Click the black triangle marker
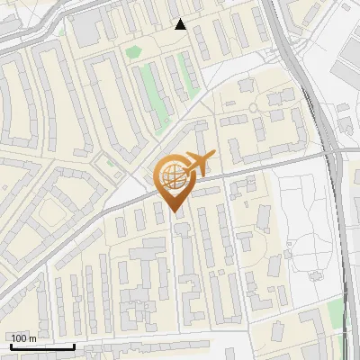click(x=181, y=24)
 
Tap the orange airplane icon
click(x=200, y=163)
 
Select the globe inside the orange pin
click(x=174, y=176)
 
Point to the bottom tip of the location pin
click(x=174, y=212)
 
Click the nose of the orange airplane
click(x=213, y=156)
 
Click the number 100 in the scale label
click(x=19, y=338)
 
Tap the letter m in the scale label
click(x=32, y=338)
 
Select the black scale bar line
click(x=42, y=346)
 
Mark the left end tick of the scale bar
click(x=11, y=345)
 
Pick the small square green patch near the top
click(x=134, y=51)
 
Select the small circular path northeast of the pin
click(x=254, y=108)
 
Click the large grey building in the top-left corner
click(x=87, y=31)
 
